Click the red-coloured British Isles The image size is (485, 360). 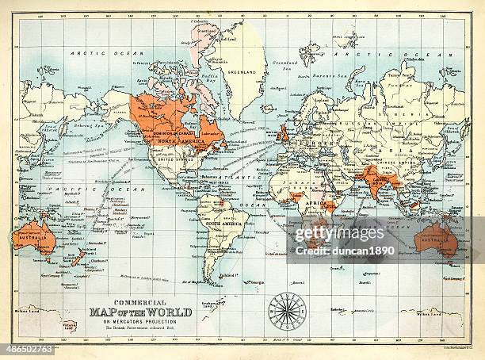click(x=283, y=132)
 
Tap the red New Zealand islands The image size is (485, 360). click(x=80, y=256)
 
